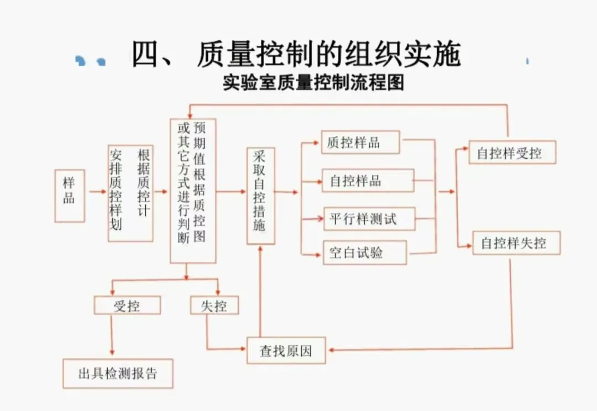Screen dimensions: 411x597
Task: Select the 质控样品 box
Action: point(360,143)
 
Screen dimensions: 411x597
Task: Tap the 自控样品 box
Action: point(368,181)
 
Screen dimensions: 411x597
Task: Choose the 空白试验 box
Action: point(364,253)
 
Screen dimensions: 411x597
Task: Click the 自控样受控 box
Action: point(512,153)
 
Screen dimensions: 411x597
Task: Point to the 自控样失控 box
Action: point(516,243)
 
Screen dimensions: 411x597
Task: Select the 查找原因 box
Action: point(286,351)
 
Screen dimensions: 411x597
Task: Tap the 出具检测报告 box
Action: point(117,373)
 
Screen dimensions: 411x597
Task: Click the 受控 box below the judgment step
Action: point(127,305)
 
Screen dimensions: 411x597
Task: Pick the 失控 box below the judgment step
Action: point(214,305)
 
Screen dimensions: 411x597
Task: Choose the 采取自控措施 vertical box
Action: point(260,196)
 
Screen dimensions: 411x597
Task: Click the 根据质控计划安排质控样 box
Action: point(130,193)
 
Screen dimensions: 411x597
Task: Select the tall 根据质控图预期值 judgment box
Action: point(192,191)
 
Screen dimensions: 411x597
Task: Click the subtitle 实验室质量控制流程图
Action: point(313,83)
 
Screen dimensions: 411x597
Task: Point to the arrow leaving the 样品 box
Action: point(96,192)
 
